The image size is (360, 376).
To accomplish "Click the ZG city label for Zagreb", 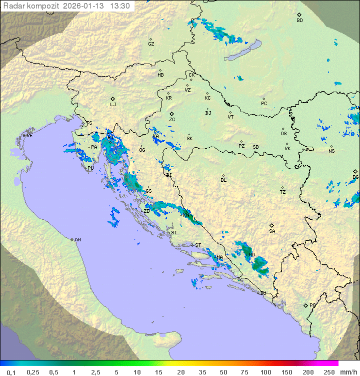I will click(x=172, y=120).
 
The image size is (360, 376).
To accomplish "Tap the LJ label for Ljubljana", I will click(x=113, y=105).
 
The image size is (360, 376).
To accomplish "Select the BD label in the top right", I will click(x=299, y=21).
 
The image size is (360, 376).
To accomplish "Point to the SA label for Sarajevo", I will click(x=272, y=231).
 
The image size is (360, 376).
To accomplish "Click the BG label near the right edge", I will click(x=355, y=177).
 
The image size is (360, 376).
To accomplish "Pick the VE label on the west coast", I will click(x=29, y=136).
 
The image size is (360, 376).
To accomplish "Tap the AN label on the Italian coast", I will click(x=77, y=240).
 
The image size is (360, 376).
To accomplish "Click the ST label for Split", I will click(x=198, y=245).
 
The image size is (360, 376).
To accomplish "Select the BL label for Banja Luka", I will click(x=223, y=180).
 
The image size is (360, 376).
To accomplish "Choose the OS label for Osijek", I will click(x=283, y=134).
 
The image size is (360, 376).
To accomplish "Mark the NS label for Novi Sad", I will click(x=331, y=151).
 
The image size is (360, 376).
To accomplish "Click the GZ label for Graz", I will click(x=151, y=44).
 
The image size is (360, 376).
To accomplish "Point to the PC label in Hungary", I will click(x=264, y=104).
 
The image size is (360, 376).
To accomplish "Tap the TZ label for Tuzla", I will click(x=282, y=192).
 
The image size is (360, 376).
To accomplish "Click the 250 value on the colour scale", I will click(x=328, y=372).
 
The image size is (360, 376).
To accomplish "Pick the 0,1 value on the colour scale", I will click(x=11, y=372).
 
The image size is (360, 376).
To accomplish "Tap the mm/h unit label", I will click(x=347, y=372).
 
